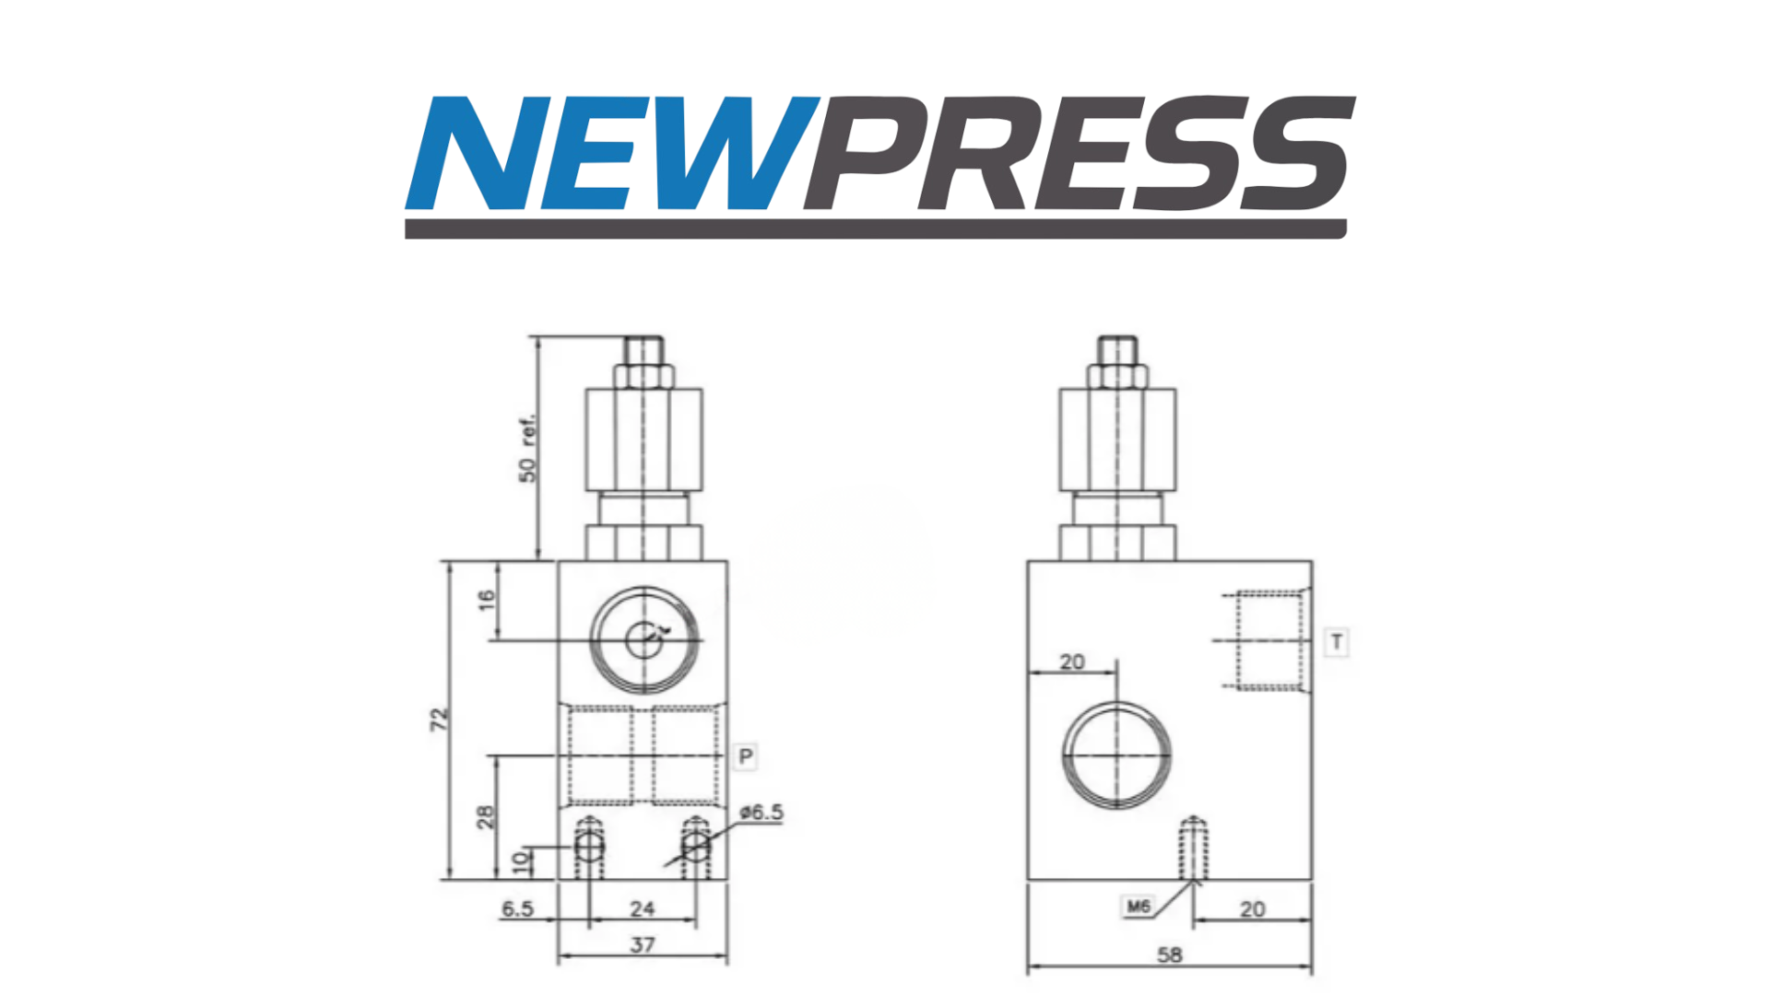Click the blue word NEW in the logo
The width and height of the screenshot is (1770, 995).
click(x=612, y=153)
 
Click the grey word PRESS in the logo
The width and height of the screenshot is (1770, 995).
click(x=1080, y=153)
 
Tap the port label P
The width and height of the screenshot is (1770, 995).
click(x=746, y=757)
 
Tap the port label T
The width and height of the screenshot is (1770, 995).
click(x=1337, y=641)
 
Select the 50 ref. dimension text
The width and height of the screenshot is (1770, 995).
click(x=526, y=450)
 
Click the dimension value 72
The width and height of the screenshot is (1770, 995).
click(x=440, y=720)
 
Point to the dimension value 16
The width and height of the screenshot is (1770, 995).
click(x=487, y=600)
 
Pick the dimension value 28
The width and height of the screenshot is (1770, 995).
click(x=485, y=816)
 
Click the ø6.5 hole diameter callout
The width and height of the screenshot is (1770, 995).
click(x=761, y=812)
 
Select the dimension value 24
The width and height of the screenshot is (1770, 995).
click(x=643, y=908)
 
